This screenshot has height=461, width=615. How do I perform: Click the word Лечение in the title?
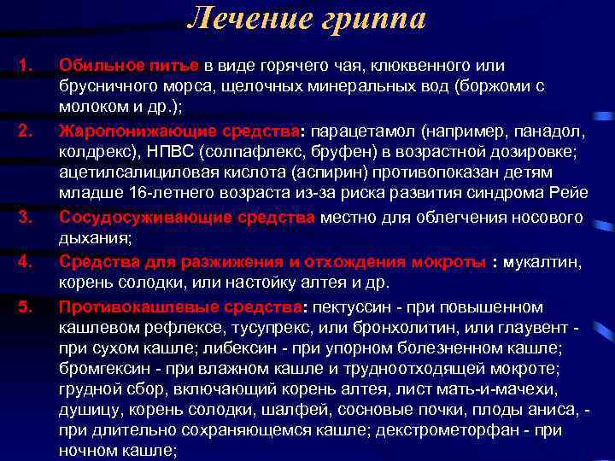tap(247, 19)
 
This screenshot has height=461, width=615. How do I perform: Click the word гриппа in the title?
tap(372, 19)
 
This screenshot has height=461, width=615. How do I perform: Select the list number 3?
tap(25, 218)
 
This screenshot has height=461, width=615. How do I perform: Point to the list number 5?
tap(25, 306)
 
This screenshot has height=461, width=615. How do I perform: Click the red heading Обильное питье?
tap(128, 66)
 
